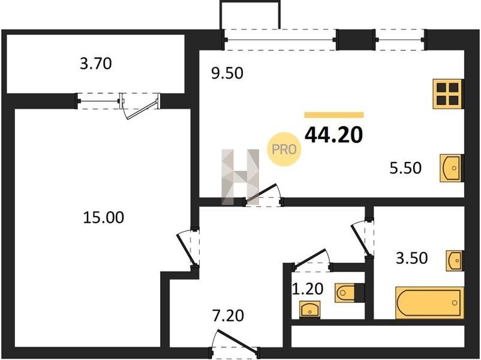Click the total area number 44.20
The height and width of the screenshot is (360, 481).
333,135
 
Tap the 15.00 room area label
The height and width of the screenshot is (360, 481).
104,217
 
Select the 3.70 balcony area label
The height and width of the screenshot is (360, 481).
96,64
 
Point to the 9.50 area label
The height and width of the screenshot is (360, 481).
227,73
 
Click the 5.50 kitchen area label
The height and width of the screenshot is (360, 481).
405,168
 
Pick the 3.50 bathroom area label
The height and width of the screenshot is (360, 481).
412,258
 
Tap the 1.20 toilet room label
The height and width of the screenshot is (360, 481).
308,289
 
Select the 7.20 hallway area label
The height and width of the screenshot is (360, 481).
229,316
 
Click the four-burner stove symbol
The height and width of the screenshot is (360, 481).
448,94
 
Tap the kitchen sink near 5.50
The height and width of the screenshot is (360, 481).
452,168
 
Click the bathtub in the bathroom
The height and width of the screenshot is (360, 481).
429,303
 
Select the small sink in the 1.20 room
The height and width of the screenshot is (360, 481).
310,309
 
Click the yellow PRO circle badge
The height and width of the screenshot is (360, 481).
284,149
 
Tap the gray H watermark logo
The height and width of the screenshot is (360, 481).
240,177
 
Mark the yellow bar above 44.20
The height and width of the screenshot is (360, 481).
333,115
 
